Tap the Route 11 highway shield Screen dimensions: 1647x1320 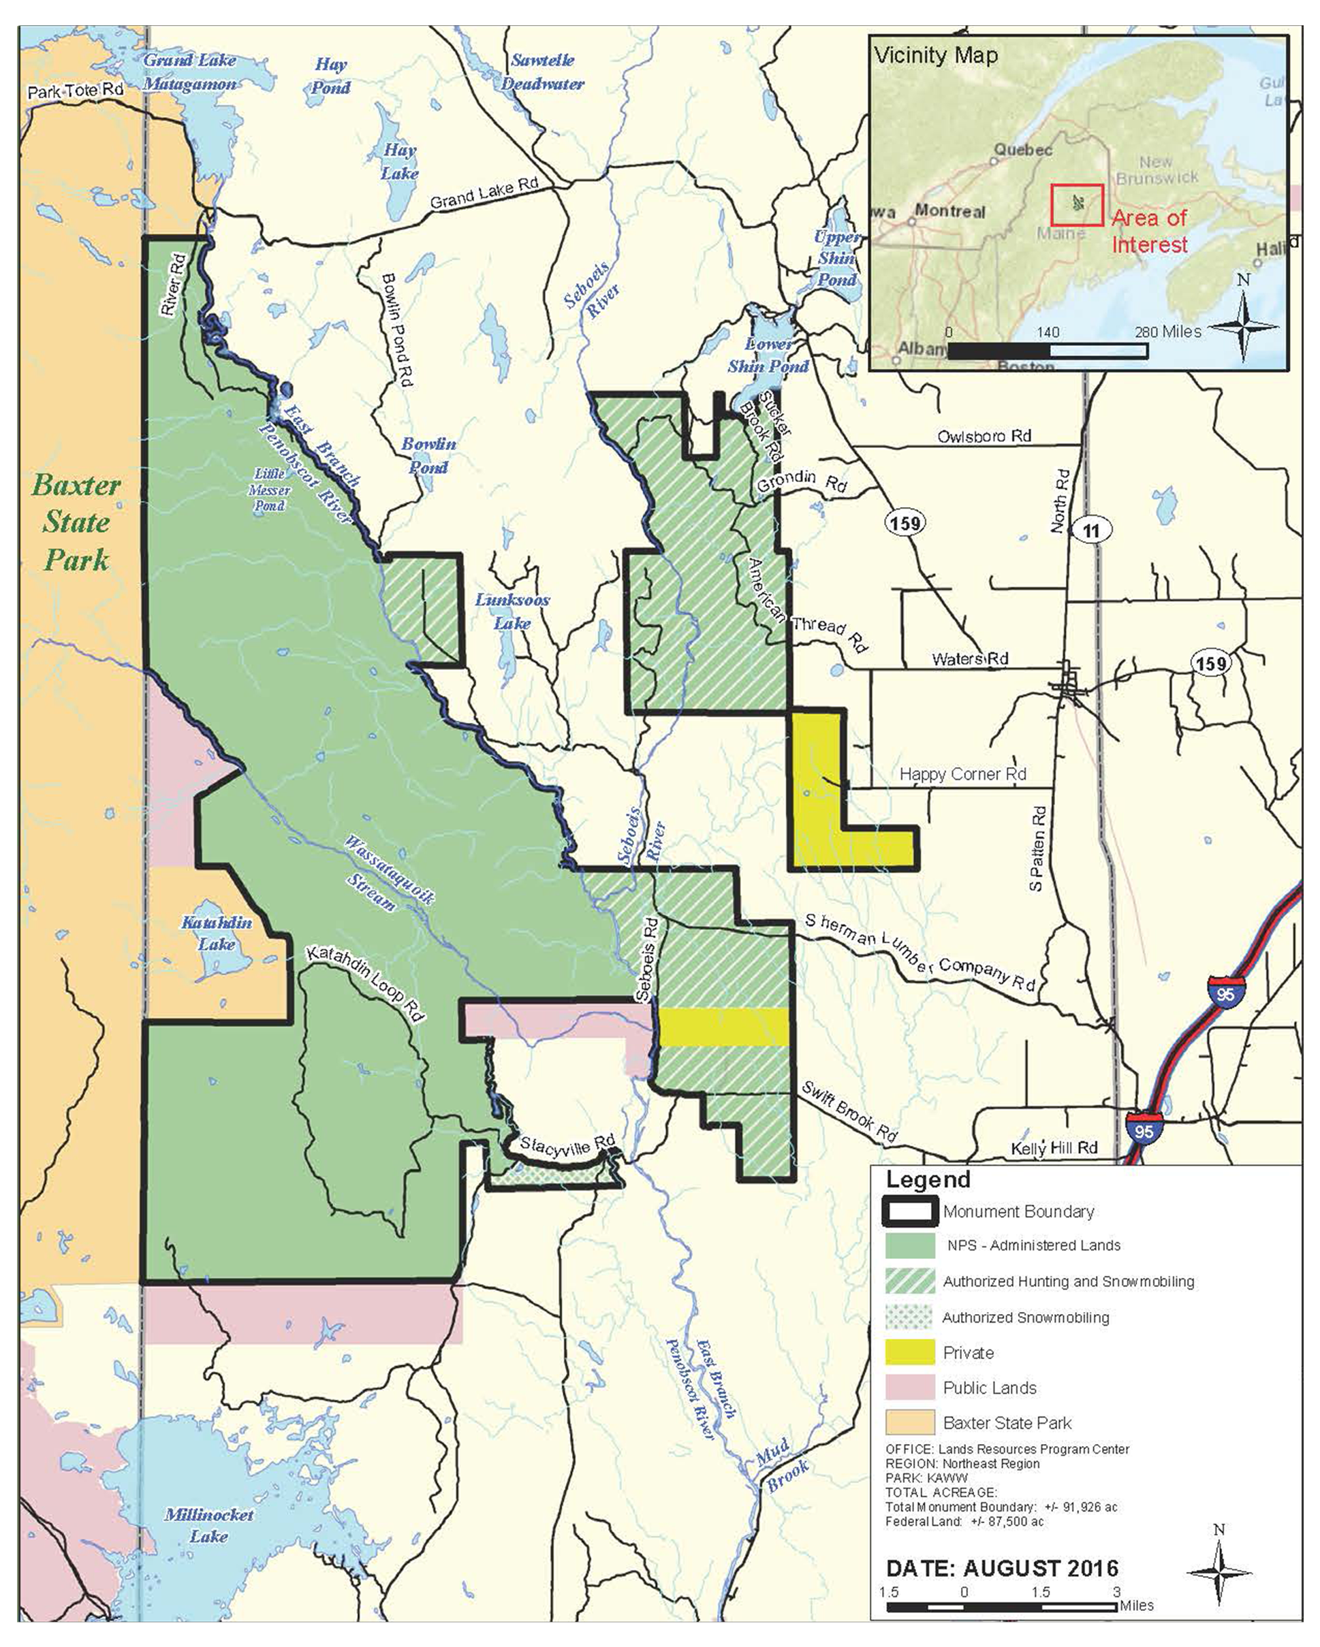[1090, 528]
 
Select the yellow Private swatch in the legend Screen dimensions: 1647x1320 [909, 1352]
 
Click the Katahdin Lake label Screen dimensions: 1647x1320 [217, 933]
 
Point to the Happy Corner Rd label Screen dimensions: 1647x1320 [962, 774]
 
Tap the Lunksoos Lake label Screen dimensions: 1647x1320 [512, 611]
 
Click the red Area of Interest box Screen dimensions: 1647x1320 [1077, 205]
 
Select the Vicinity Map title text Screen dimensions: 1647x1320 [936, 56]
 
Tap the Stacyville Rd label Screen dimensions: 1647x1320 [567, 1145]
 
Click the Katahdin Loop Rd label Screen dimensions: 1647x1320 [365, 982]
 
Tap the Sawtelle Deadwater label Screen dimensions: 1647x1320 [543, 71]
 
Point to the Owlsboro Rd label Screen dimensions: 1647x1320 [984, 436]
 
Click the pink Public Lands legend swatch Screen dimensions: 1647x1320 [909, 1388]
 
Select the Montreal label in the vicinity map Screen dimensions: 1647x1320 [950, 212]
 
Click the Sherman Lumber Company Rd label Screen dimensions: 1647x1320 [920, 953]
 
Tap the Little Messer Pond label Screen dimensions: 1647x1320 [269, 490]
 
